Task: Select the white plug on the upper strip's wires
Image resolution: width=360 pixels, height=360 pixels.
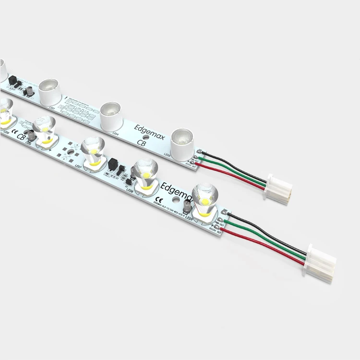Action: (x=278, y=185)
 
